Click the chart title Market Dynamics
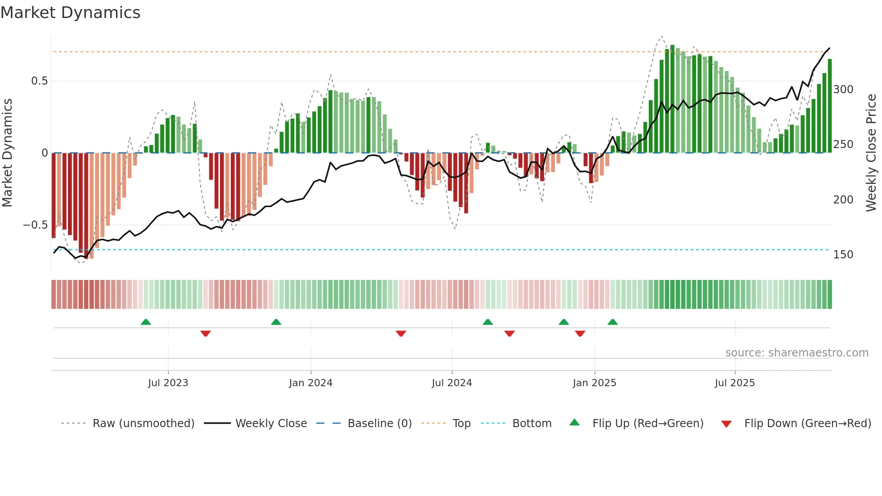[70, 13]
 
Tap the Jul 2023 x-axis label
[168, 383]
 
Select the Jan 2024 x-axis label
[310, 383]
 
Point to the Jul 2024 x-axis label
[452, 383]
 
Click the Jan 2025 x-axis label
[594, 383]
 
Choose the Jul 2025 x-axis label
[735, 383]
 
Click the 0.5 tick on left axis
[39, 81]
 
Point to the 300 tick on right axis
[843, 90]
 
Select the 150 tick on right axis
[843, 255]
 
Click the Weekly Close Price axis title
[871, 153]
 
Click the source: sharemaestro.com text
[796, 353]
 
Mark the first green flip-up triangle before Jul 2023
[146, 322]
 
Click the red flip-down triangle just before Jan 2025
[580, 334]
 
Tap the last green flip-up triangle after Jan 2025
[612, 322]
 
